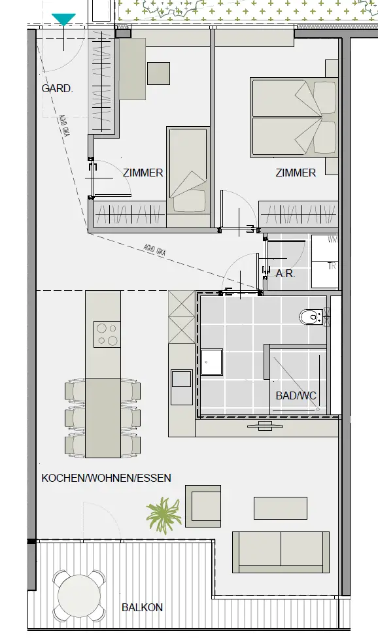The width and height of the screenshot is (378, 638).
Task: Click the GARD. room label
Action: click(x=57, y=88)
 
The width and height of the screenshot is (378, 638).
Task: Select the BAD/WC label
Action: click(x=296, y=396)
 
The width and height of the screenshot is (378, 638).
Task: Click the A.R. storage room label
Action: click(x=286, y=274)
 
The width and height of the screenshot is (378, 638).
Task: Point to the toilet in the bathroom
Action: click(x=311, y=318)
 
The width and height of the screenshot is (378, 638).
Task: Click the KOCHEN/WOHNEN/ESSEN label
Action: click(x=106, y=478)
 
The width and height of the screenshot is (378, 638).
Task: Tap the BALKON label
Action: click(x=142, y=607)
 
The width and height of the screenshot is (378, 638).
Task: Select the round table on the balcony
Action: click(x=78, y=596)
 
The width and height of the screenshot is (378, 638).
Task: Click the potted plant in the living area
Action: click(x=163, y=514)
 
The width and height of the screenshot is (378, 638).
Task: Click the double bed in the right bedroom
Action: click(x=295, y=117)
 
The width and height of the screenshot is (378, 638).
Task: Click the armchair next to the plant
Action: click(x=203, y=505)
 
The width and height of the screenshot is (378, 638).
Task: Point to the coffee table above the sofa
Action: click(x=280, y=508)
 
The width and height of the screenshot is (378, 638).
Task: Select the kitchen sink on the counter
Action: click(x=180, y=379)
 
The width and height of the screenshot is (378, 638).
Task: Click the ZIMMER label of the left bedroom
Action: click(x=143, y=173)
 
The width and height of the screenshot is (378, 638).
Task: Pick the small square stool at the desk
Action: click(x=159, y=73)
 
